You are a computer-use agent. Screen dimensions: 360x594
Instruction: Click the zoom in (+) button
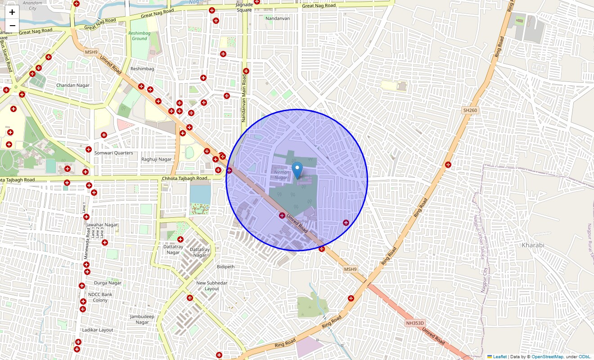coord(12,12)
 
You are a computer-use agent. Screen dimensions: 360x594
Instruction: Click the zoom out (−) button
coord(12,25)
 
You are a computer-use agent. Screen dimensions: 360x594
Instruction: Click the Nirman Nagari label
coord(282,175)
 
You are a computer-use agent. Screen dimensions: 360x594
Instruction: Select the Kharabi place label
coord(533,245)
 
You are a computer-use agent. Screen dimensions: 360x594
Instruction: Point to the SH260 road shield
coord(470,110)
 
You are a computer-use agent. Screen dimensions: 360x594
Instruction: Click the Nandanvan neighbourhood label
coord(278,18)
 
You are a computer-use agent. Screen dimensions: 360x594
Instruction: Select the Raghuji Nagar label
coord(157,159)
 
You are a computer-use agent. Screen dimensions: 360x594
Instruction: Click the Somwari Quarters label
coord(113,153)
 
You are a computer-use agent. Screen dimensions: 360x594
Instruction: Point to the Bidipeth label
coord(225,267)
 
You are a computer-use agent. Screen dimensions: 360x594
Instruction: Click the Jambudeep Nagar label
coord(142,319)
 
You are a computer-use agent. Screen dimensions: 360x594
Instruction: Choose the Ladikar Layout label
coord(98,330)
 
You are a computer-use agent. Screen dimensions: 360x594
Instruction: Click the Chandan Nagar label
coord(73,85)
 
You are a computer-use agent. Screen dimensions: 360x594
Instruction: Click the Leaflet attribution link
coord(499,357)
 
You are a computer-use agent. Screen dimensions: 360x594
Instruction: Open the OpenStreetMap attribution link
coord(547,357)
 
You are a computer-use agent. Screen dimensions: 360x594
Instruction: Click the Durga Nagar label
coord(108,283)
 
